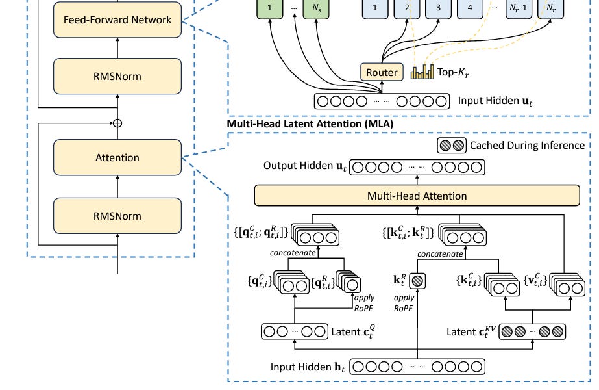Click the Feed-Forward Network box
[x=117, y=20]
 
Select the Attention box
[x=117, y=157]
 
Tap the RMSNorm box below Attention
[x=117, y=216]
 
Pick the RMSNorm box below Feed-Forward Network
[x=117, y=76]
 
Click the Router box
[x=382, y=72]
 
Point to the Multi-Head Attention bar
[x=417, y=195]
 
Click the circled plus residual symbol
[x=117, y=122]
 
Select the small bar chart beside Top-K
[x=422, y=71]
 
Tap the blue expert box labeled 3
[x=439, y=8]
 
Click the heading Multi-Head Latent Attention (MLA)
[x=310, y=123]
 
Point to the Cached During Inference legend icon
[x=451, y=145]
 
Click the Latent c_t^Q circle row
[x=295, y=331]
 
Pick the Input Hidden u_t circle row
[x=382, y=101]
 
